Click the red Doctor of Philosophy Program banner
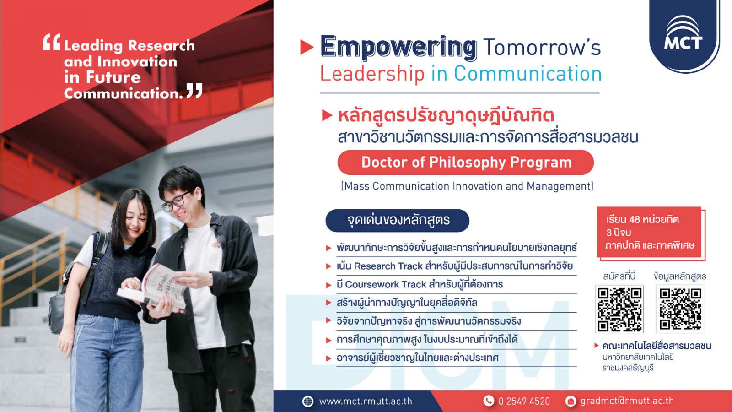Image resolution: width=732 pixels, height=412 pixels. [466, 163]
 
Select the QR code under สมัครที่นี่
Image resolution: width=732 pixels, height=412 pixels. [619, 309]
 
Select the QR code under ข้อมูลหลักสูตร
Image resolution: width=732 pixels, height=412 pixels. [680, 309]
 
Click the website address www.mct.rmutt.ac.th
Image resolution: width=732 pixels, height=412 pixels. [366, 401]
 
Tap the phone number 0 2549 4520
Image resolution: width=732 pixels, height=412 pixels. [524, 401]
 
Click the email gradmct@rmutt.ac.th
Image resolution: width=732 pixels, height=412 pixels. [627, 401]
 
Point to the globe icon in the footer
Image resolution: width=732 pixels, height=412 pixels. [308, 401]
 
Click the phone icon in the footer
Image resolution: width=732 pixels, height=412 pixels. [489, 401]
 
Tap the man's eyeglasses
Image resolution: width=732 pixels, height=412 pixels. [175, 202]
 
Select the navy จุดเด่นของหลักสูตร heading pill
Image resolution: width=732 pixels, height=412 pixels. [398, 221]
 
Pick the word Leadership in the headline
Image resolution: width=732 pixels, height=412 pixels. [372, 74]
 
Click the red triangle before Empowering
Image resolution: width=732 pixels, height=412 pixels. [307, 47]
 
